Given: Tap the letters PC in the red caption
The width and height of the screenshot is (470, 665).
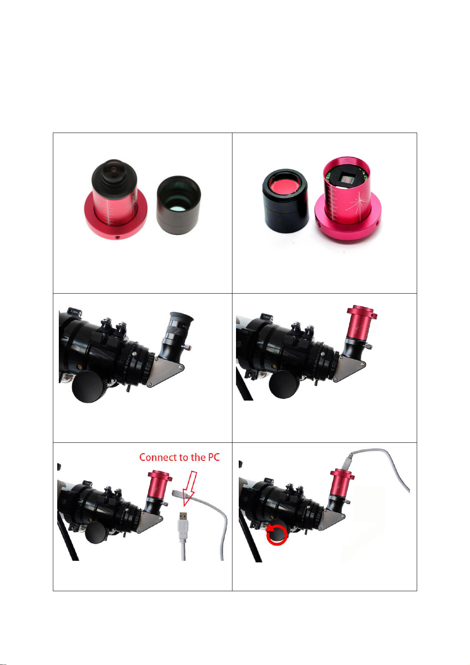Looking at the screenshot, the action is point(214,457).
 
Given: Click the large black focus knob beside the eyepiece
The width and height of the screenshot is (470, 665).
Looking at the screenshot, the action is point(88,386).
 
